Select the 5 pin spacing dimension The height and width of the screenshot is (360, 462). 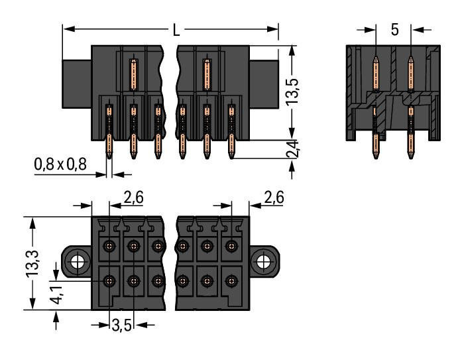click(394, 30)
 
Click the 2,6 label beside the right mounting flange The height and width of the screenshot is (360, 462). click(274, 196)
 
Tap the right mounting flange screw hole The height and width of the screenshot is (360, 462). click(264, 261)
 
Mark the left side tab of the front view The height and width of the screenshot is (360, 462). click(76, 84)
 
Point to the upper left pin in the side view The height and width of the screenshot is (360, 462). click(376, 73)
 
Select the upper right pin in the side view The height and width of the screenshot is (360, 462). click(410, 73)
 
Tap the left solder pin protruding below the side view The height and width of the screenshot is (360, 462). click(376, 150)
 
